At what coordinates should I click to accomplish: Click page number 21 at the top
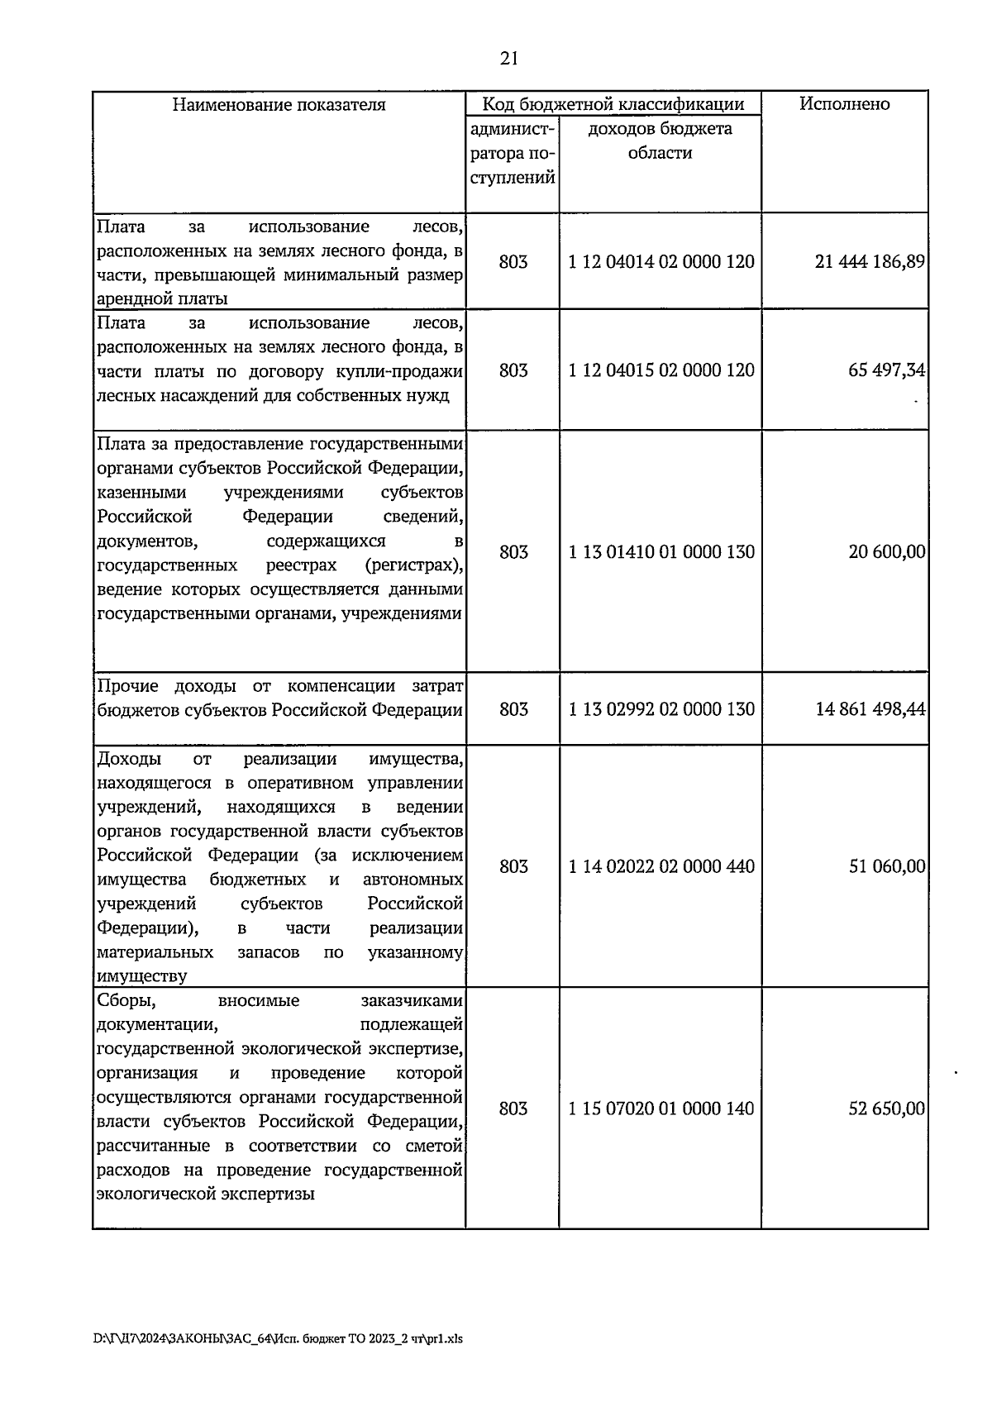coord(508,57)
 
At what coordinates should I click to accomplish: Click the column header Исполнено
coord(844,104)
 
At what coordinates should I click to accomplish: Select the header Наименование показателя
coord(279,105)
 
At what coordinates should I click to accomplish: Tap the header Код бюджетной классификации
coord(613,104)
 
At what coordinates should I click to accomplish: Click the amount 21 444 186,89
coord(870,262)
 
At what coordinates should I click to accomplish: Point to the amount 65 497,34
coord(886,370)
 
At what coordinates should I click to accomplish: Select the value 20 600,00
coord(886,552)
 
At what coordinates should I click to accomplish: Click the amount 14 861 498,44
coord(870,709)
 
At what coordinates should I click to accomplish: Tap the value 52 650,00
coord(886,1109)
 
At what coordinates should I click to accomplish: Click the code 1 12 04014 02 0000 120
coord(661,262)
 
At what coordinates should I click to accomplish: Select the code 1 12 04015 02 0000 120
coord(661,370)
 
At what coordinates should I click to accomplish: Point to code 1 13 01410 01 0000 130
coord(661,552)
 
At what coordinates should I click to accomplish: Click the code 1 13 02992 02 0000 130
coord(661,709)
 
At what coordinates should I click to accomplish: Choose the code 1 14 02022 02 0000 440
coord(661,866)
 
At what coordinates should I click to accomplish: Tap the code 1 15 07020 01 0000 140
coord(661,1109)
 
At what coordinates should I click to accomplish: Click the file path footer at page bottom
coord(279,1338)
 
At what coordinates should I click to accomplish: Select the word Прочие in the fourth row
coord(127,686)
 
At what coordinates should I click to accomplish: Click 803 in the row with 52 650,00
coord(513,1109)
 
